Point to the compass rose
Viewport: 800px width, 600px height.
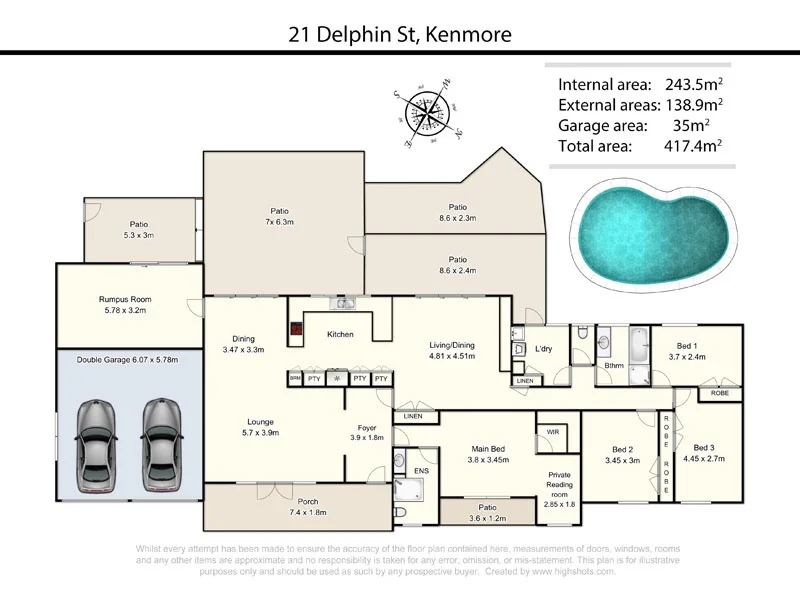pyautogui.click(x=424, y=112)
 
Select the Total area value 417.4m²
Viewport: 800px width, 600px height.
pyautogui.click(x=694, y=146)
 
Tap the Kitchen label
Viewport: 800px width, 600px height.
pyautogui.click(x=340, y=334)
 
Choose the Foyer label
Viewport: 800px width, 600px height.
pyautogui.click(x=366, y=431)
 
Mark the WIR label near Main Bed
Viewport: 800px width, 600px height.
pyautogui.click(x=552, y=432)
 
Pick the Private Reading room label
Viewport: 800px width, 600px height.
pyautogui.click(x=558, y=484)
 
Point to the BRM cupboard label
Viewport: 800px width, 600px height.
pyautogui.click(x=295, y=379)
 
